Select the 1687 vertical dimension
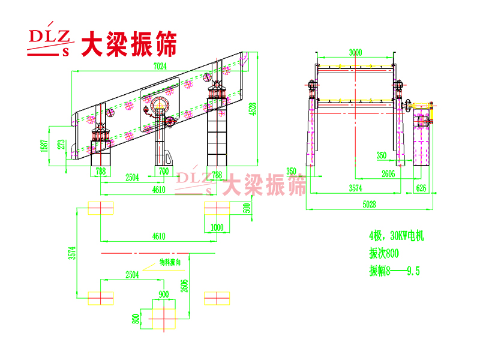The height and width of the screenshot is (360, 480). coord(44,146)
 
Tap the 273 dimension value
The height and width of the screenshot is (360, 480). coord(60,145)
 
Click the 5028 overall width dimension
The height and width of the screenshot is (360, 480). coord(370,204)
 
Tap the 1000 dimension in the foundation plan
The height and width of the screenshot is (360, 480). coord(217,227)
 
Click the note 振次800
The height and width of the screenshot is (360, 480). coord(383,253)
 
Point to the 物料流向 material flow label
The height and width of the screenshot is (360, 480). coord(170,262)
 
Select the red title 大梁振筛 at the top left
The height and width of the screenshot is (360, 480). coord(128,43)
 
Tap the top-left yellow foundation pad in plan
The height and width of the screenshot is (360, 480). coord(101,208)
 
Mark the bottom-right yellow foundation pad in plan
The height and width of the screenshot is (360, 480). coord(217,297)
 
